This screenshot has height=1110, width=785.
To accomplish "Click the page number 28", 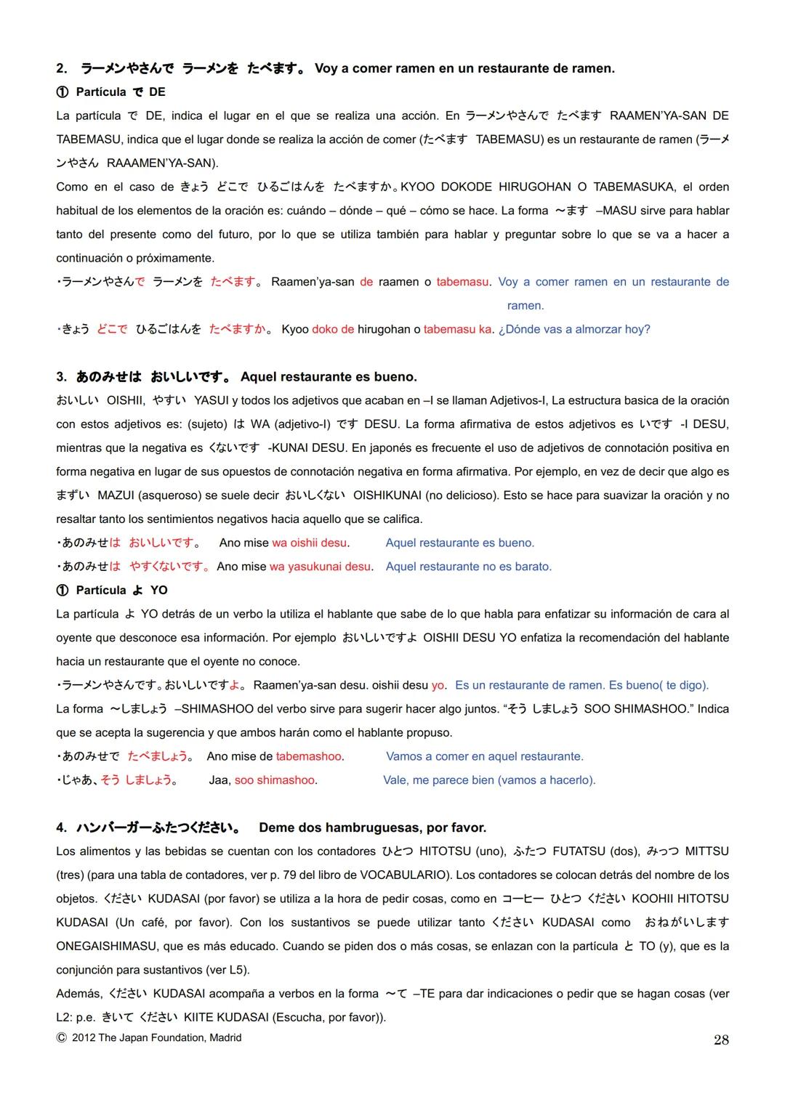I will pos(721,1040).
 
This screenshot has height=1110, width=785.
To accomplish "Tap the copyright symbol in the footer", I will pos(61,1038).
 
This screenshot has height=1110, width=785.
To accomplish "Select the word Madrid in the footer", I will pos(225,1038).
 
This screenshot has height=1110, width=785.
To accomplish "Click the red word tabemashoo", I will pos(309,756).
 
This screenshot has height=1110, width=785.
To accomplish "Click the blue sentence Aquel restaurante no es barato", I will pos(469,567).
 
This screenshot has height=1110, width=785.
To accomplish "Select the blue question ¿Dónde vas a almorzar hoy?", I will pos(574,329).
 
